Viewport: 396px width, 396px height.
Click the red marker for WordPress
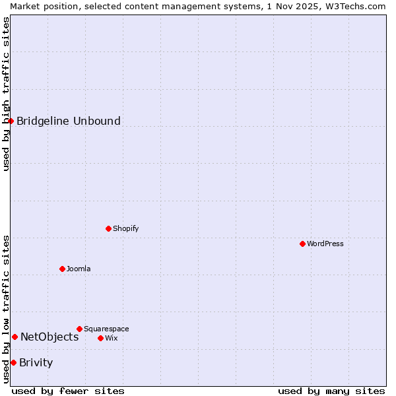(x=302, y=244)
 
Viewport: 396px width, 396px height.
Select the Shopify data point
(x=108, y=228)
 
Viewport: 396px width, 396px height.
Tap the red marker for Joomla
(x=62, y=269)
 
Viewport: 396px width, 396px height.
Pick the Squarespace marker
(x=79, y=329)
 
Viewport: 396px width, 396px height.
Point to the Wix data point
(x=100, y=338)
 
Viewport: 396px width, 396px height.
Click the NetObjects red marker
(x=15, y=337)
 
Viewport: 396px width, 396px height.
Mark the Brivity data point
(x=13, y=362)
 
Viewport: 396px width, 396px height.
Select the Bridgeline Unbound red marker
(x=11, y=121)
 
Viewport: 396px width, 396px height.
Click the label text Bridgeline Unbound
(x=68, y=121)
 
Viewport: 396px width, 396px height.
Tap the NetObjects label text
(x=49, y=337)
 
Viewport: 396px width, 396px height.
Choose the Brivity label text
(x=36, y=362)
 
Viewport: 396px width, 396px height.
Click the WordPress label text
(x=325, y=244)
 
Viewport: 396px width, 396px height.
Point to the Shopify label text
(x=125, y=228)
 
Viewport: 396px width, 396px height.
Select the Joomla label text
(x=79, y=269)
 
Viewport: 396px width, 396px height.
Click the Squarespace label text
(x=106, y=329)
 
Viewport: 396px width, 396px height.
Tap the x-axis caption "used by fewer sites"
(x=68, y=391)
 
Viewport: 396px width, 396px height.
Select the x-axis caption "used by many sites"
(x=331, y=391)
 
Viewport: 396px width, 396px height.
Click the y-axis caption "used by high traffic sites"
(x=6, y=94)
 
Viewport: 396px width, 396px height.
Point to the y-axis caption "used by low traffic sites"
(x=6, y=309)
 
